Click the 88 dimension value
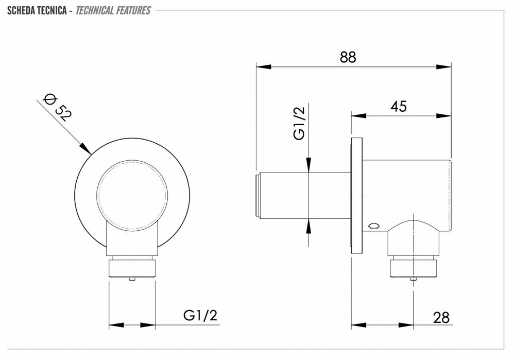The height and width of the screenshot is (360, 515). pyautogui.click(x=348, y=57)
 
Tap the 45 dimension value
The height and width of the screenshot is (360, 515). pyautogui.click(x=399, y=107)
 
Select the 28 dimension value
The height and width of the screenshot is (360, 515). pyautogui.click(x=441, y=318)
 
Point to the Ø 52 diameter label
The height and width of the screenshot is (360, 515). pyautogui.click(x=58, y=108)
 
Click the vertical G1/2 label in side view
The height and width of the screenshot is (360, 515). pyautogui.click(x=300, y=124)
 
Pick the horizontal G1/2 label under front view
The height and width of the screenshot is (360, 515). pyautogui.click(x=200, y=315)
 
